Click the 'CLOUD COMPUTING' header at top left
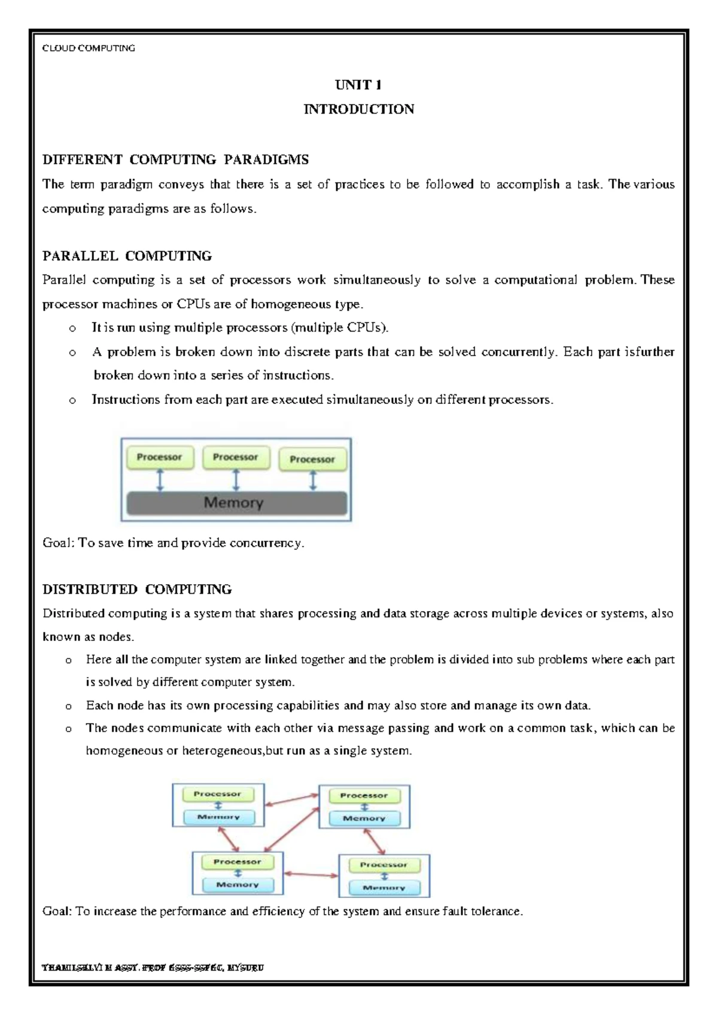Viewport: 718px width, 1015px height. click(89, 48)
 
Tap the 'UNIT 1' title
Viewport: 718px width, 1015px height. click(358, 84)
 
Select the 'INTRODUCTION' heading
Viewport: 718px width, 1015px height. click(358, 109)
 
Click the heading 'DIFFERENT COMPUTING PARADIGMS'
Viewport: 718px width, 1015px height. click(175, 159)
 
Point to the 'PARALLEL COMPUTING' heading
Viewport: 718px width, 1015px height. click(127, 256)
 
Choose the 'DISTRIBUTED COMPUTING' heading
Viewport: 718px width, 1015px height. click(137, 589)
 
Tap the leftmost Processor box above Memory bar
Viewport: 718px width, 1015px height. click(159, 457)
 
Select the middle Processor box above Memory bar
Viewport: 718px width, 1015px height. click(236, 457)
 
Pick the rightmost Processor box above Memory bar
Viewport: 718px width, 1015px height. click(312, 459)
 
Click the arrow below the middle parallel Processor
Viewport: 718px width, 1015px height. click(236, 480)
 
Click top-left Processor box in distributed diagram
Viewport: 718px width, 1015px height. click(217, 794)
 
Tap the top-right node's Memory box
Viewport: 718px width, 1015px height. click(364, 818)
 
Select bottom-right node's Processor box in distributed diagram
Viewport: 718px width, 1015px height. click(383, 865)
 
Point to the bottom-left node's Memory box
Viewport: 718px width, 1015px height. click(238, 885)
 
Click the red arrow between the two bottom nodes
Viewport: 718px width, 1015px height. click(311, 874)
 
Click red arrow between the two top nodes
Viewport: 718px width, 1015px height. click(291, 800)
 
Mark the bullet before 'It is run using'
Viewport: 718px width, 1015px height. click(72, 328)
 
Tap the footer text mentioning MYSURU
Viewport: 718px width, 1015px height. click(153, 967)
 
